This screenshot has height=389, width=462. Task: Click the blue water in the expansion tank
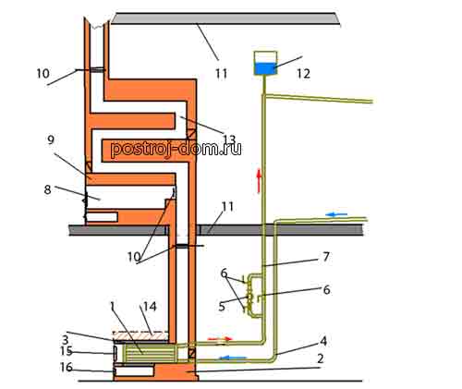265,68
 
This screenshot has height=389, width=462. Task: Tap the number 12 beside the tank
303,73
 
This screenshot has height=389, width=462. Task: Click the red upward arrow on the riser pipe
260,181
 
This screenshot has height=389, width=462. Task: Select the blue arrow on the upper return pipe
336,214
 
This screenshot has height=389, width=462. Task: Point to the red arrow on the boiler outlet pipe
220,339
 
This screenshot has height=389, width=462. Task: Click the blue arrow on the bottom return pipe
233,358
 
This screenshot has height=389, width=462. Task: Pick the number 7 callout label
326,257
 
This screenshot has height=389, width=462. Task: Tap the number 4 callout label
323,341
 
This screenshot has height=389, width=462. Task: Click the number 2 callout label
321,359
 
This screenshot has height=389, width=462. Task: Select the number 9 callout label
51,140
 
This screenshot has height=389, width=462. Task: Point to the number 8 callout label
47,189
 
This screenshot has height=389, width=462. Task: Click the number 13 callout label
229,140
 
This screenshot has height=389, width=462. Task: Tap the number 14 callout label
149,307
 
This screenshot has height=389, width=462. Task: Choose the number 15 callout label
67,351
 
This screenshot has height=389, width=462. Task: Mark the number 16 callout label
67,367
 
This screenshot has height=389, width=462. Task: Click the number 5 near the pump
222,308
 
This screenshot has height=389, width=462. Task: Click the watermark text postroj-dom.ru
176,149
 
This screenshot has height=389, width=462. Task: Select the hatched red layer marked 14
141,336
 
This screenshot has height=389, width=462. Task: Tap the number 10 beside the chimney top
43,74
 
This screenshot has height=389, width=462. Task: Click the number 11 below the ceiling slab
221,74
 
